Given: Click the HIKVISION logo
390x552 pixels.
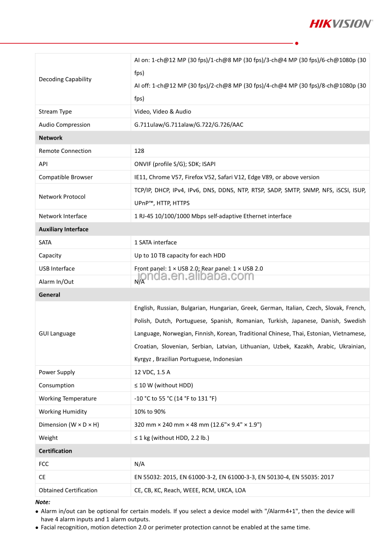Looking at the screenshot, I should click(x=340, y=23).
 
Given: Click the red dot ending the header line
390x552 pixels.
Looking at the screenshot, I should click(x=297, y=43).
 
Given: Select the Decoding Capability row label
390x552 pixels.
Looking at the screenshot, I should click(x=65, y=79).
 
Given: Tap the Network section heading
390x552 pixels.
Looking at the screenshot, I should click(x=51, y=138).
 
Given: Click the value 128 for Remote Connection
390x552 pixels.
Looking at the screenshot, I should click(x=139, y=151).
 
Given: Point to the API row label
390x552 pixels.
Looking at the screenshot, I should click(x=43, y=164).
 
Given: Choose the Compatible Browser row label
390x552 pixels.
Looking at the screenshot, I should click(x=65, y=177).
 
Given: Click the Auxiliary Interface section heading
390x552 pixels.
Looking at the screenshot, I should click(x=63, y=229).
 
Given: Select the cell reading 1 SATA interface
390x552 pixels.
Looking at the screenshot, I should click(x=155, y=242).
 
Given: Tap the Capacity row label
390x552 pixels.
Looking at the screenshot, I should click(x=50, y=256).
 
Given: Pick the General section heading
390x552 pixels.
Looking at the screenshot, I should click(x=49, y=295).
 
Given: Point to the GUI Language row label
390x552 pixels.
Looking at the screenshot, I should click(x=57, y=333).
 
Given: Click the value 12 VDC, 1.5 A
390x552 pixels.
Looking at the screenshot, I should click(x=152, y=372).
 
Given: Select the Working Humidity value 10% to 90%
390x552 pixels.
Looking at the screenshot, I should click(x=150, y=411).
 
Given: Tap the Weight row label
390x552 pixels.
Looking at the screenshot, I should click(x=48, y=437).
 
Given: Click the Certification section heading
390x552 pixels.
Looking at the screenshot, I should click(x=55, y=451).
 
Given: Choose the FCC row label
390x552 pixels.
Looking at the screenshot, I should click(x=44, y=464).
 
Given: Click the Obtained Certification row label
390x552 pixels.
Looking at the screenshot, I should click(x=68, y=490).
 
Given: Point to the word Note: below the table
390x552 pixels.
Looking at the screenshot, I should click(x=43, y=502).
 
